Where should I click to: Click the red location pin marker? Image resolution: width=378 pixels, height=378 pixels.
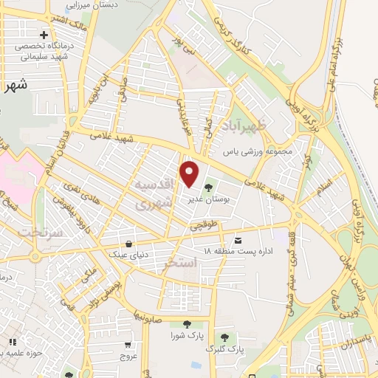point(190,174)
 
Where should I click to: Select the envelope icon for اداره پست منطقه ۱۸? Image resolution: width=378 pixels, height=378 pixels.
point(238,241)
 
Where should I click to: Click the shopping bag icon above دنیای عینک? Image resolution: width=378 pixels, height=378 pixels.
point(130,244)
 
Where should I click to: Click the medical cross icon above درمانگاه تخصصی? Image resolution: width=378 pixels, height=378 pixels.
point(44,35)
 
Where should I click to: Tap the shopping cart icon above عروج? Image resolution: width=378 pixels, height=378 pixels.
point(128,344)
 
